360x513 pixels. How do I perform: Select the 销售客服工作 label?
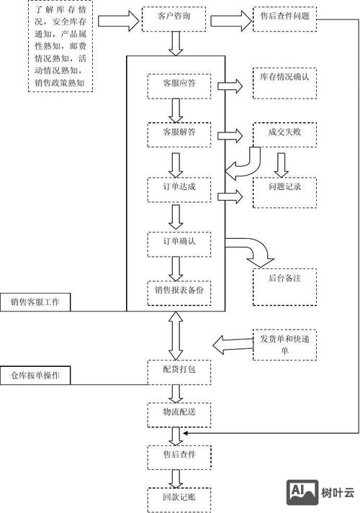[x=35, y=303]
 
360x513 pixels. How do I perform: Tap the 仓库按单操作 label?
[x=35, y=376]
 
